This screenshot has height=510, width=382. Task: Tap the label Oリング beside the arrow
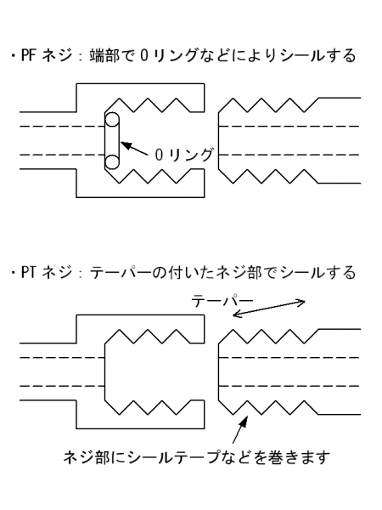tap(184, 155)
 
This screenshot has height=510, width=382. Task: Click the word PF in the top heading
tap(28, 55)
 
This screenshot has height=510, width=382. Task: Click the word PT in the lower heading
tap(28, 272)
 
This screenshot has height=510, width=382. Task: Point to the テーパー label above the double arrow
tap(222, 300)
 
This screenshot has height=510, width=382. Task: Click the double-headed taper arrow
tap(269, 309)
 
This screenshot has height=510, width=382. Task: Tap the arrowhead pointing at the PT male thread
tap(244, 422)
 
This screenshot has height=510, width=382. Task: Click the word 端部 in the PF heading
tap(104, 55)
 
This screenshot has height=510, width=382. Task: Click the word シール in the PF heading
tap(303, 55)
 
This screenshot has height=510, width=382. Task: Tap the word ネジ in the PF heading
tap(57, 55)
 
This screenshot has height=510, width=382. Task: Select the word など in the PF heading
tap(213, 55)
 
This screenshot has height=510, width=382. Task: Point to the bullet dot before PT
tap(14, 273)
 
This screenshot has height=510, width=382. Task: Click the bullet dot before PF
tap(14, 55)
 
